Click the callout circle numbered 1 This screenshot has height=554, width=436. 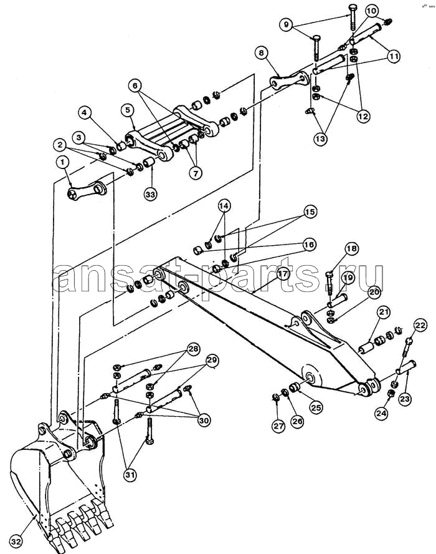pyautogui.click(x=62, y=163)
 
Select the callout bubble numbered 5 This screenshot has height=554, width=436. pyautogui.click(x=128, y=110)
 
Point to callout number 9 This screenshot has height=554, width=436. pyautogui.click(x=287, y=25)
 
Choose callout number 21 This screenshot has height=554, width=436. pyautogui.click(x=382, y=311)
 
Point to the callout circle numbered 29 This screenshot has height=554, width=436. pyautogui.click(x=212, y=360)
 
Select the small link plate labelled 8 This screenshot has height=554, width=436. pyautogui.click(x=289, y=81)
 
